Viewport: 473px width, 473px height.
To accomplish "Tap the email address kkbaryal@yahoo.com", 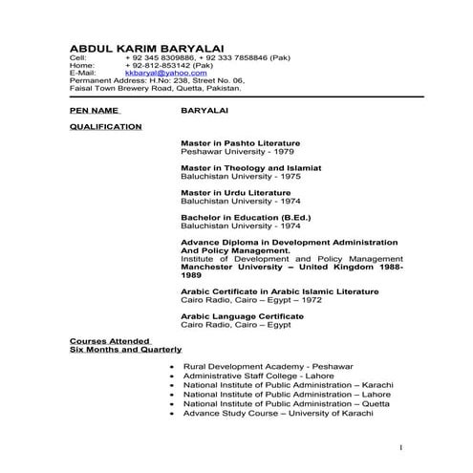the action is pyautogui.click(x=158, y=72).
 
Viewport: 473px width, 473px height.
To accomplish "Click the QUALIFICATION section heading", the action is pyautogui.click(x=106, y=126).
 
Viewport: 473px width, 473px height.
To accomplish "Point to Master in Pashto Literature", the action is pyautogui.click(x=240, y=143).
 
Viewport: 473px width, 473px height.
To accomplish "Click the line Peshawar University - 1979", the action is pyautogui.click(x=226, y=151).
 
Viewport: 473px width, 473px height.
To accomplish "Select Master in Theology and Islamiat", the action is pyautogui.click(x=250, y=167).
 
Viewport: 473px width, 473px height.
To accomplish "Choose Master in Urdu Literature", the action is pyautogui.click(x=234, y=192).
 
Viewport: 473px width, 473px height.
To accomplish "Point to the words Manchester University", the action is pyautogui.click(x=226, y=267).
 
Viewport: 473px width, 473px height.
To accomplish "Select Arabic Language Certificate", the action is pyautogui.click(x=242, y=316).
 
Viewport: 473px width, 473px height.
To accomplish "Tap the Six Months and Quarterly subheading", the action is pyautogui.click(x=125, y=350).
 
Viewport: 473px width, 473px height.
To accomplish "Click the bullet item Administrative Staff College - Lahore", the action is pyautogui.click(x=258, y=376).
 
